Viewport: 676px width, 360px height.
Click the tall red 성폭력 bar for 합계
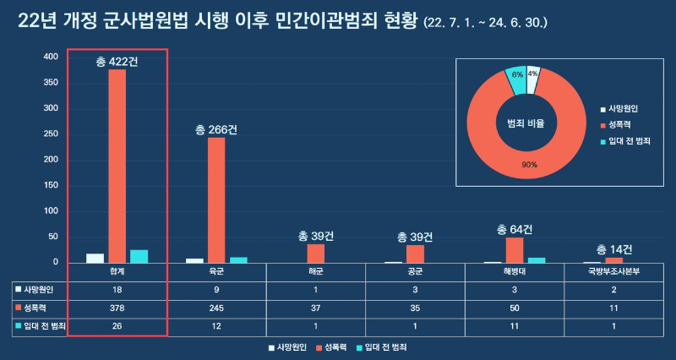(117, 166)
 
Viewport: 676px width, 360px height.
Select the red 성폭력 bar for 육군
(216, 200)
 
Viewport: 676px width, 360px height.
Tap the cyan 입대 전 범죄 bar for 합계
(139, 256)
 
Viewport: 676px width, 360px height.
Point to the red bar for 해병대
(515, 250)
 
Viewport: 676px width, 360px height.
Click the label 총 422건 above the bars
(118, 61)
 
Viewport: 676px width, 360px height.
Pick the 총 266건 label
(216, 129)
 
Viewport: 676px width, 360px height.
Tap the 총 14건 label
(614, 249)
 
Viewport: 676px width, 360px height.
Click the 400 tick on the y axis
(51, 57)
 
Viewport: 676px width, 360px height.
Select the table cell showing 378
(117, 308)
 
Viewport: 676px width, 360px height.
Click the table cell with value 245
(216, 308)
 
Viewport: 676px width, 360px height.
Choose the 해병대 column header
(515, 273)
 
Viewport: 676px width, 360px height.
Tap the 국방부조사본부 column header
(614, 273)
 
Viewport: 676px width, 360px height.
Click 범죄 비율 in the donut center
(526, 123)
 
